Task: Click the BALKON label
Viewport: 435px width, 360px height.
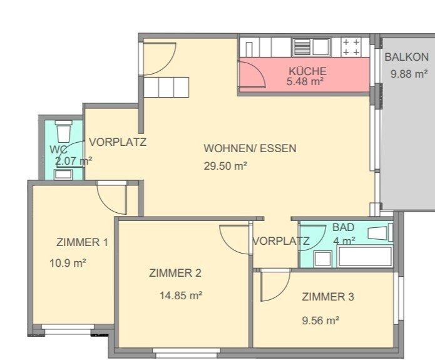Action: pyautogui.click(x=407, y=57)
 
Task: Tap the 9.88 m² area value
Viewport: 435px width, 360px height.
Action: pyautogui.click(x=408, y=74)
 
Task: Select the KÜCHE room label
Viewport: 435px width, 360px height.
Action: pyautogui.click(x=307, y=71)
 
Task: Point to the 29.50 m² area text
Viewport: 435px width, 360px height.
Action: pyautogui.click(x=225, y=166)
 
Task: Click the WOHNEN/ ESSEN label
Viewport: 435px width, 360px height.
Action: pyautogui.click(x=250, y=149)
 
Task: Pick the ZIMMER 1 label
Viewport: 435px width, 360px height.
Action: pyautogui.click(x=82, y=242)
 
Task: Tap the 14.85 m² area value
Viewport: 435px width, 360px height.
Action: pyautogui.click(x=180, y=295)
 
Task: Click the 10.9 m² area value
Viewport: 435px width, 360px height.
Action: pyautogui.click(x=68, y=263)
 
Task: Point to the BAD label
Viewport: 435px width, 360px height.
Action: pyautogui.click(x=343, y=227)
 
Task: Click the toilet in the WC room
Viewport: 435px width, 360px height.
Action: pyautogui.click(x=63, y=131)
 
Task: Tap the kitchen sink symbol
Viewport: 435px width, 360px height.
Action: pyautogui.click(x=311, y=48)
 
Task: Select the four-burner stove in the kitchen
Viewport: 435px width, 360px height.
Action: pyautogui.click(x=351, y=48)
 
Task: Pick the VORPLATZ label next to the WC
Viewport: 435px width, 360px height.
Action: pyautogui.click(x=117, y=142)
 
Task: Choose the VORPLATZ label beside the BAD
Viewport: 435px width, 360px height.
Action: pyautogui.click(x=281, y=241)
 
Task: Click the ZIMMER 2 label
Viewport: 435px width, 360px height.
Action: pyautogui.click(x=175, y=273)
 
